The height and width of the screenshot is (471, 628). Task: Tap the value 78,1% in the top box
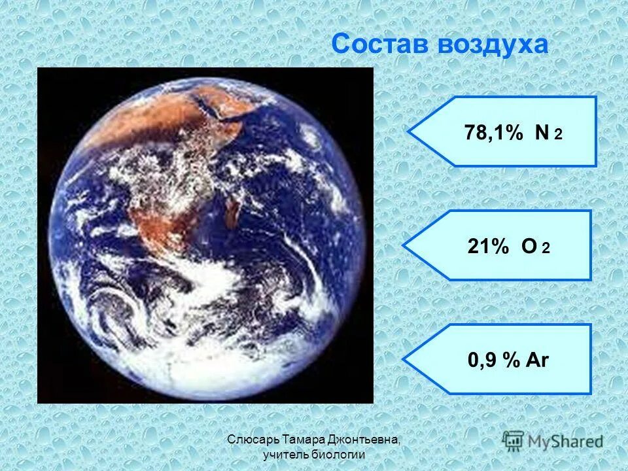point(494,133)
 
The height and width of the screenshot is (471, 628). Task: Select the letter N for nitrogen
point(541,133)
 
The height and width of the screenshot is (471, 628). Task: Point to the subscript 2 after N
point(558,135)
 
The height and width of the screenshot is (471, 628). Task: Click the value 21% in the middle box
point(488,246)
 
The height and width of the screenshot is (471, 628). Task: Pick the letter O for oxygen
point(529,246)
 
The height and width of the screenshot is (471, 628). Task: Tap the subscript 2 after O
point(546,249)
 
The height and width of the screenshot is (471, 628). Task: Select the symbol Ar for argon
point(536,360)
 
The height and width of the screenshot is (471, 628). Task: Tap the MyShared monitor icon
point(513,440)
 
